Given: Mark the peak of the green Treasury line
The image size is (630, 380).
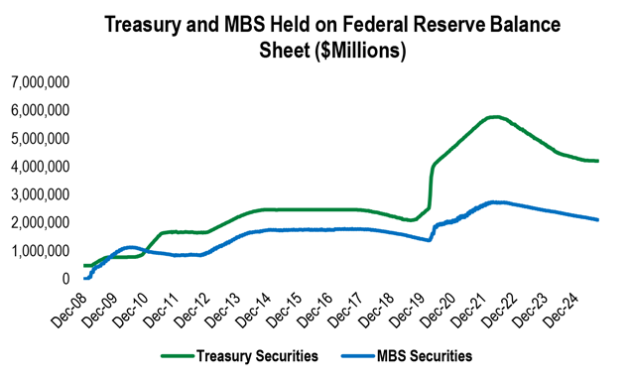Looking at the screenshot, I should tap(494, 117).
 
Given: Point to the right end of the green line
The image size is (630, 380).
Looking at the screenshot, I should tap(598, 161).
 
